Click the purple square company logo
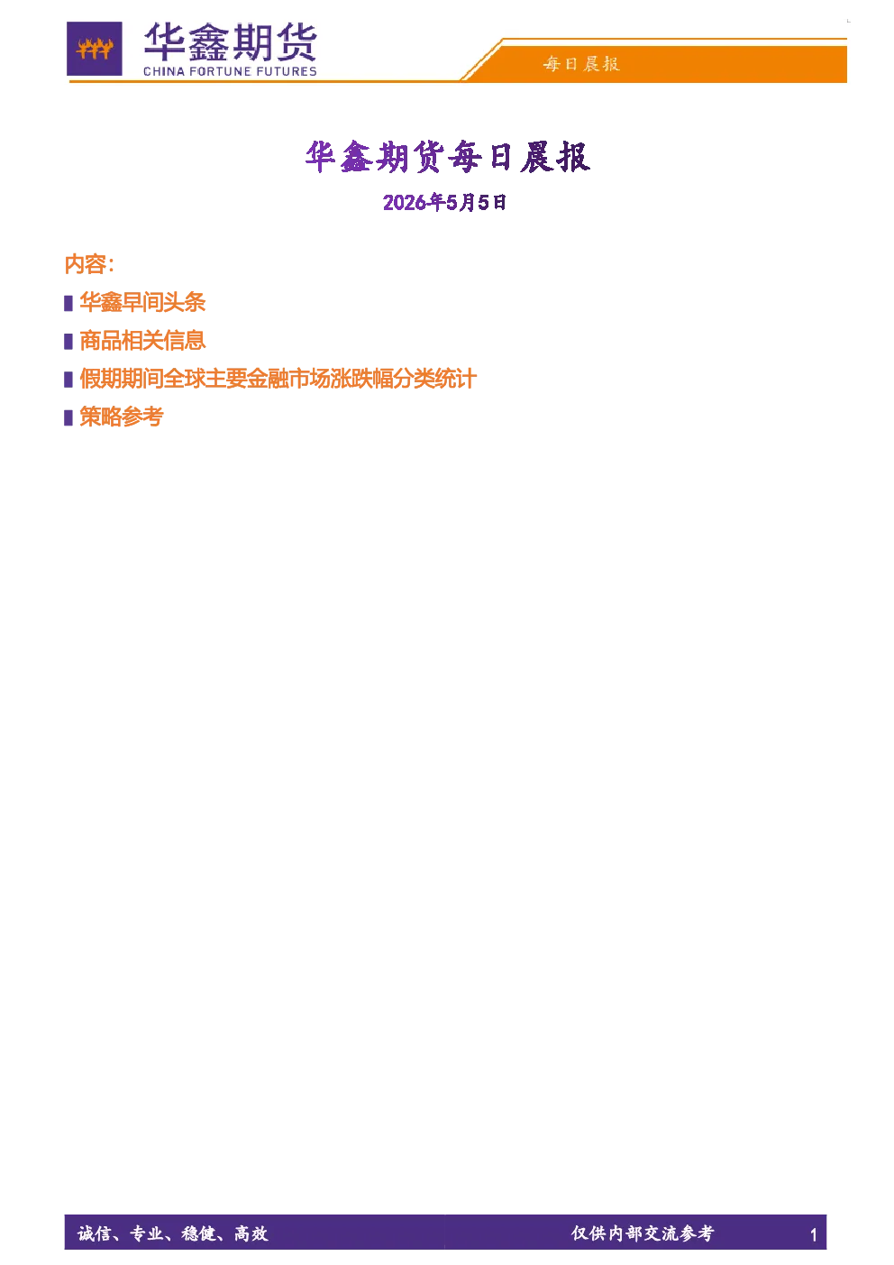click(95, 49)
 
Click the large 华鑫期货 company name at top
click(230, 41)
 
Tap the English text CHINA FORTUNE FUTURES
click(230, 72)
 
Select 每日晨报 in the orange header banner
click(581, 64)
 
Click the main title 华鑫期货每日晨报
click(447, 156)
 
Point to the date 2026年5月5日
click(444, 202)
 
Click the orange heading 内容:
click(89, 264)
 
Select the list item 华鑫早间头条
click(142, 302)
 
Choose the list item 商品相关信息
click(142, 341)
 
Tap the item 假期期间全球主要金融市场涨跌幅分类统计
click(278, 379)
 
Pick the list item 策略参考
click(122, 417)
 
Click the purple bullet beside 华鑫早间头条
click(68, 303)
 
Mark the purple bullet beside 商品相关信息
click(68, 342)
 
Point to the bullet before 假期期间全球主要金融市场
click(68, 380)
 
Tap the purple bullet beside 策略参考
click(68, 417)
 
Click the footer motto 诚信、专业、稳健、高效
click(173, 1234)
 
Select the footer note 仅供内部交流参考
click(643, 1233)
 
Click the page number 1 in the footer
click(813, 1235)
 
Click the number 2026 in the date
click(405, 203)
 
